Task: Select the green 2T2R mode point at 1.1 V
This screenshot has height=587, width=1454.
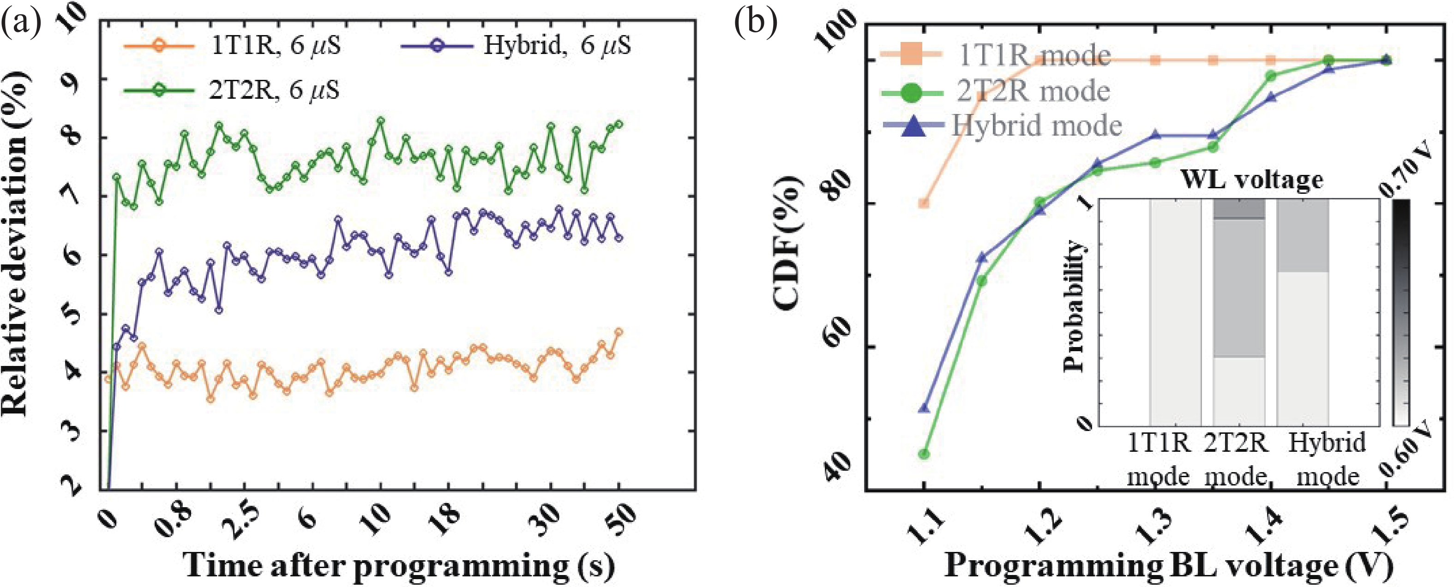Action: click(x=924, y=454)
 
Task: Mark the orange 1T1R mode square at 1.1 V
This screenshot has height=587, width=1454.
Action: click(x=924, y=203)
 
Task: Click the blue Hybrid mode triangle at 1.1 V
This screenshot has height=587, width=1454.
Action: click(x=924, y=407)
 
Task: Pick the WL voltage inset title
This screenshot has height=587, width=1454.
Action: click(x=1252, y=180)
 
